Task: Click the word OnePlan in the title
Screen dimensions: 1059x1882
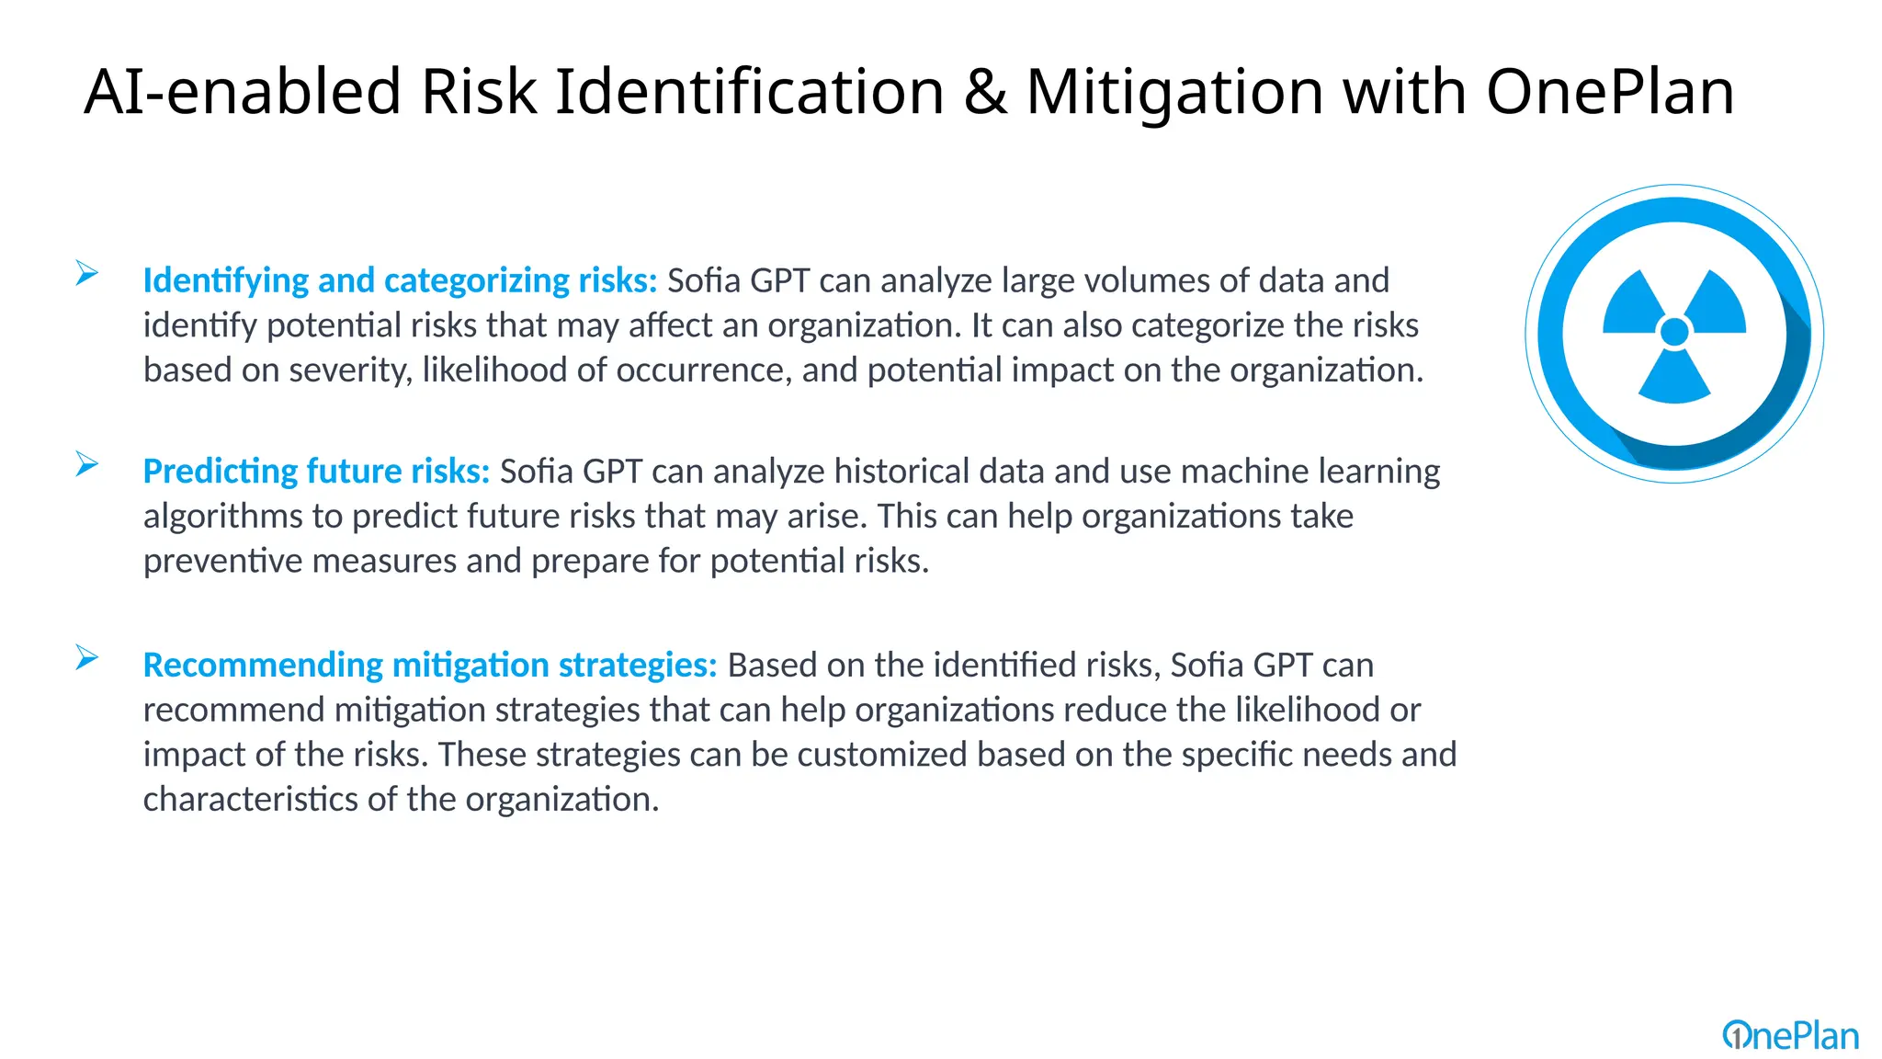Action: tap(1610, 92)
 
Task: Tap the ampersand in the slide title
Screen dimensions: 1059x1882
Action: tap(985, 92)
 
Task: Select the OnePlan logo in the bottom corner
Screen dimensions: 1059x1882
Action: tap(1790, 1036)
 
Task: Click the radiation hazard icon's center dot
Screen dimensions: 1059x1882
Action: tap(1674, 332)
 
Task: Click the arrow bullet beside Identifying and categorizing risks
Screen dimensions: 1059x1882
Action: tap(87, 273)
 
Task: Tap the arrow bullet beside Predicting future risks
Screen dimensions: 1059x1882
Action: tap(87, 464)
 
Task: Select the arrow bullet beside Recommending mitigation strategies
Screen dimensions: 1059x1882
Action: tap(87, 657)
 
